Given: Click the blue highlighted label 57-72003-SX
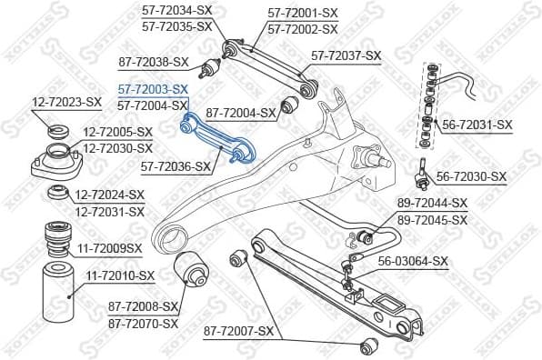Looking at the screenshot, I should point(152,89).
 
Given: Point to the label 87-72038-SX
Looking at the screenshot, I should point(154,62).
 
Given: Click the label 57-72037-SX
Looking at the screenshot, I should point(346,55).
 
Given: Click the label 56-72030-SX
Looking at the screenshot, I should point(471,176).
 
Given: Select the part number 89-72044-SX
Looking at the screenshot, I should point(432,204).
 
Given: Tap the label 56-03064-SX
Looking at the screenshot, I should point(414,261).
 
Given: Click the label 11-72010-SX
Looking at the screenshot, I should point(121,275).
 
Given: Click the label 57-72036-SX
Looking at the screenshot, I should point(176,166).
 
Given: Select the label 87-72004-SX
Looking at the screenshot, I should point(240,113).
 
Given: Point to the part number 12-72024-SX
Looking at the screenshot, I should point(110,195).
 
